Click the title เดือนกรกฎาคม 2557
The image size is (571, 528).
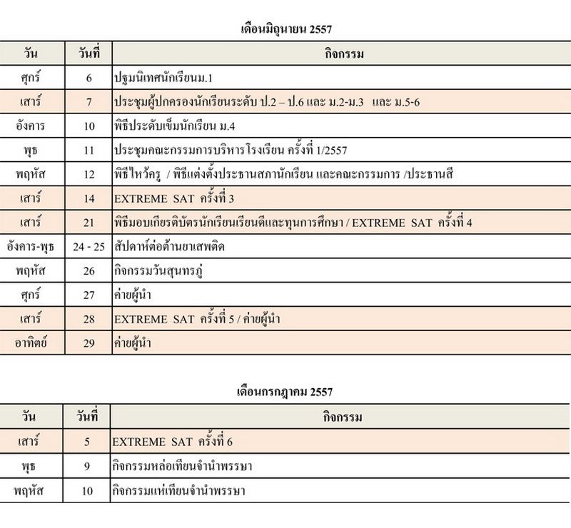285,392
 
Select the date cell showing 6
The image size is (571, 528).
89,77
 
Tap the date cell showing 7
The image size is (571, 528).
89,102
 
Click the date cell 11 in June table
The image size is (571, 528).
89,151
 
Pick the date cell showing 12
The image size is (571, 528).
89,174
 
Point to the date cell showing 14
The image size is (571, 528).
89,198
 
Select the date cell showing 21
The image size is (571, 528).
89,223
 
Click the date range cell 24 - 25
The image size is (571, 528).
89,247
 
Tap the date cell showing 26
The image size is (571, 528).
89,271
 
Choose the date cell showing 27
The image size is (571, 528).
89,295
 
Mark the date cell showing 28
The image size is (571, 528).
89,319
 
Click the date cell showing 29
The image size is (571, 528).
89,343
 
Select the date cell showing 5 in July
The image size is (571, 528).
87,442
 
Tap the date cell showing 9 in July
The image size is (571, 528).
87,467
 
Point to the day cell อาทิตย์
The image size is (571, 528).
31,343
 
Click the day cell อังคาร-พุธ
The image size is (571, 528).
31,247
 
